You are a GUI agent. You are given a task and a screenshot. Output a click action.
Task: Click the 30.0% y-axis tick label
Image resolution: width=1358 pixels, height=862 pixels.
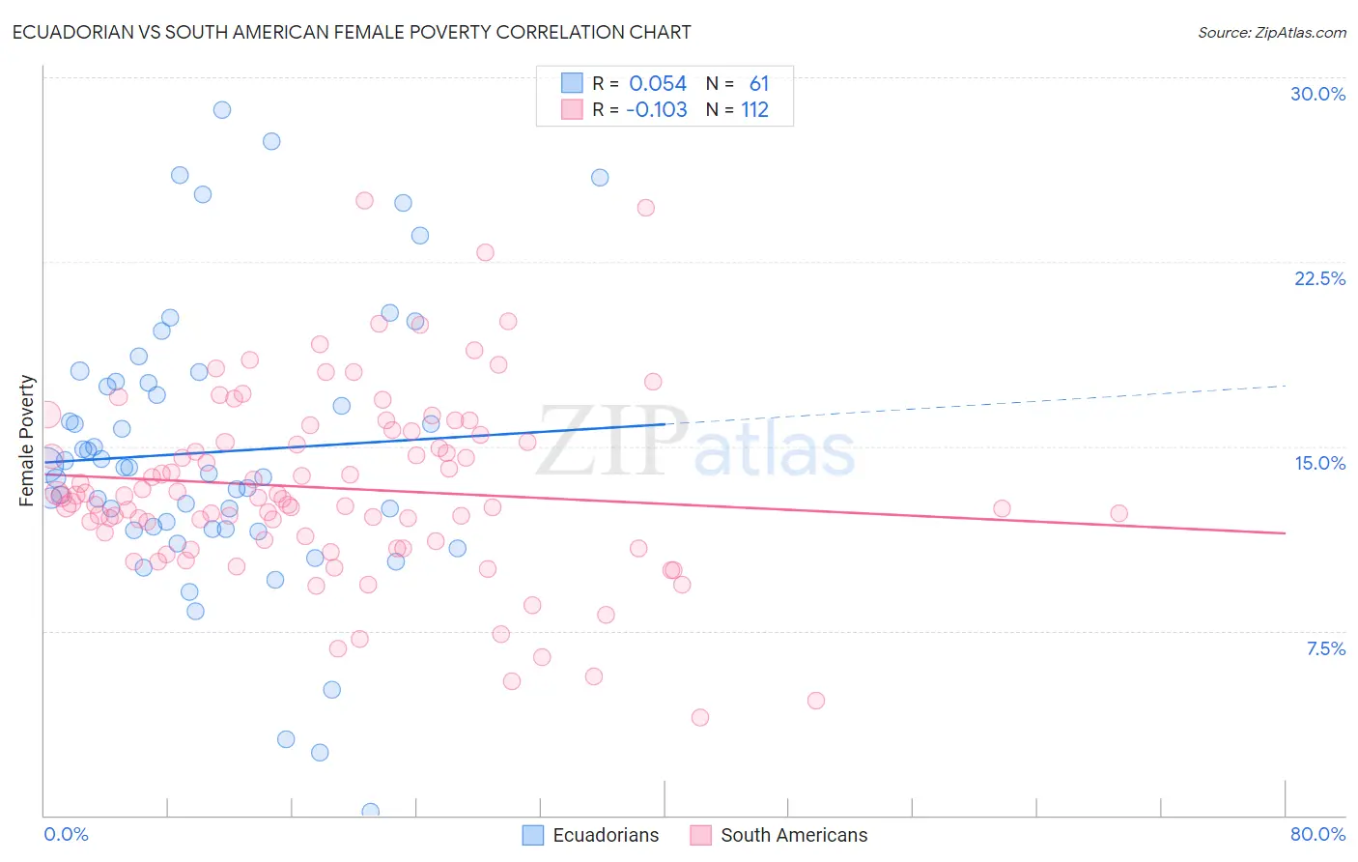1317,94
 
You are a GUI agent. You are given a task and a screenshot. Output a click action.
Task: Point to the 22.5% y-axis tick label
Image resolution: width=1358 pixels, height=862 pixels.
1319,278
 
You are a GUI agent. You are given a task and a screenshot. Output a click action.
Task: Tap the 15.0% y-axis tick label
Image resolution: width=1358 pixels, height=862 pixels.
1319,463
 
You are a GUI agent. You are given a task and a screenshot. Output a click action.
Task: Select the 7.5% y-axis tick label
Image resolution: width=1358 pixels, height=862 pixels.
1325,648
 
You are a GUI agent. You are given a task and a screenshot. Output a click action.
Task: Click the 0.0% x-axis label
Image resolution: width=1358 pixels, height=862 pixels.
66,834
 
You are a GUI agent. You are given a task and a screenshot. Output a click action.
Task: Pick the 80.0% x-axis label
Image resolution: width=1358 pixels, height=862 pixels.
1317,834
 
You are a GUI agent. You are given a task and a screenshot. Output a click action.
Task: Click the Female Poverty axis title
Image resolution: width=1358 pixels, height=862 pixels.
27,441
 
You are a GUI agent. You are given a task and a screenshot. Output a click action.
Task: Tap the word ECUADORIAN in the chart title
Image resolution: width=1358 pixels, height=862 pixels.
67,32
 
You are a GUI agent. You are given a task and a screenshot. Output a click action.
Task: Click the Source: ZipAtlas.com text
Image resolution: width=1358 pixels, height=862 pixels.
1271,32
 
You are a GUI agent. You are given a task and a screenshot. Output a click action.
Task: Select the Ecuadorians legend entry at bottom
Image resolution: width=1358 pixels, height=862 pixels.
590,835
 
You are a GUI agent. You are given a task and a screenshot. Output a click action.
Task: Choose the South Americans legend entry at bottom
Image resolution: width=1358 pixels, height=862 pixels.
778,835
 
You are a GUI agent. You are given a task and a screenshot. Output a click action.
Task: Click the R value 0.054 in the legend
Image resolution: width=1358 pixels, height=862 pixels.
658,84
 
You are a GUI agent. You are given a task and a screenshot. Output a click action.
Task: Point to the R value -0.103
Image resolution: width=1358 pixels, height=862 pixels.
656,109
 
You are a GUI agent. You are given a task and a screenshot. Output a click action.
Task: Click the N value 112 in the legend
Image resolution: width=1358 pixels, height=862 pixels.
754,109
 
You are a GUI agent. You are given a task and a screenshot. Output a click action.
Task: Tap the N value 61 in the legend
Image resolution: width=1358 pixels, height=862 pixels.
759,84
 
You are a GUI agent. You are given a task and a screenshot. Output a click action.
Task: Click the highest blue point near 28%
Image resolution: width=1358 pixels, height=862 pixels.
222,110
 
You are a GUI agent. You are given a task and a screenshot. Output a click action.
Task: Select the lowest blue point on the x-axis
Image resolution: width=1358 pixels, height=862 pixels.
370,811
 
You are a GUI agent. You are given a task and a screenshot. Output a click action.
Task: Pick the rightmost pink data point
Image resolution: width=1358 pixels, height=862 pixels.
1118,513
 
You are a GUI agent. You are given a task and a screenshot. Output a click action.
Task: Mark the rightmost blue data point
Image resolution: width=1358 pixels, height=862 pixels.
600,178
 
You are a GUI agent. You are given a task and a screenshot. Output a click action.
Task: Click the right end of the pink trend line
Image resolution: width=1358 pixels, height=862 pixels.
1285,533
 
